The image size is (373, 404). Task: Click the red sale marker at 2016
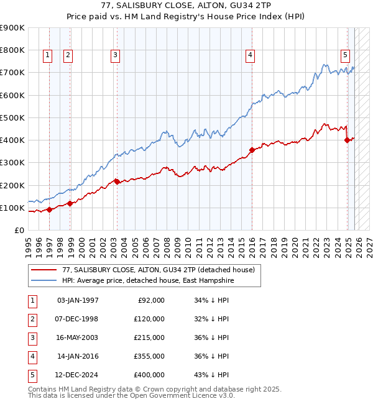pos(252,150)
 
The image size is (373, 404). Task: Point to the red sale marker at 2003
pos(117,181)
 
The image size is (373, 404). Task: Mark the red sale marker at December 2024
pos(347,140)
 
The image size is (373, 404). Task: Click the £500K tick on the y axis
pos(12,117)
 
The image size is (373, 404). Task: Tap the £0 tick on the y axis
pos(19,230)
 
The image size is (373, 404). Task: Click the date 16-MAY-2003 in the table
pos(78,337)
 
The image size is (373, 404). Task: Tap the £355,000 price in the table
pos(149,356)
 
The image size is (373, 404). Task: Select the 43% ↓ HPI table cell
pos(211,375)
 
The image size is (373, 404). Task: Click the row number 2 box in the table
pos(32,319)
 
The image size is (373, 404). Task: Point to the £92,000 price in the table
pos(151,300)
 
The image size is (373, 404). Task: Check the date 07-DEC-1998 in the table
pos(78,319)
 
